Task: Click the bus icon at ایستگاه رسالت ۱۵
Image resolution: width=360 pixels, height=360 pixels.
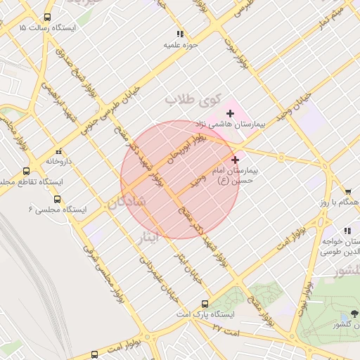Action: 47,17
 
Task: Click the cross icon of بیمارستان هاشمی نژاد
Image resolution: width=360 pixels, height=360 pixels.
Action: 230,113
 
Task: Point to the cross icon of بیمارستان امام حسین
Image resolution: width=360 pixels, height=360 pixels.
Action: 235,160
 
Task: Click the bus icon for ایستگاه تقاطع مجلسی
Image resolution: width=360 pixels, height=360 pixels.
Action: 27,171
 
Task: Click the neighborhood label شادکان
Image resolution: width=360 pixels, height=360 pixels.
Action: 126,203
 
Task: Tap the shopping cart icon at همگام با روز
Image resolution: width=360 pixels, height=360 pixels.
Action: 348,191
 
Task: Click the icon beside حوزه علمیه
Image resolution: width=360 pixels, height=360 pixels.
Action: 181,33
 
